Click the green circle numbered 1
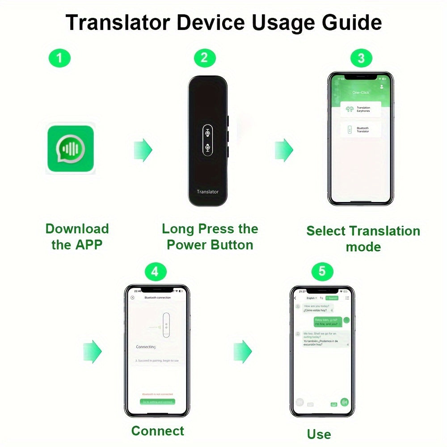click(60, 58)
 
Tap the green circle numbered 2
click(205, 58)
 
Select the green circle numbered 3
click(361, 58)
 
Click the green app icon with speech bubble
click(71, 149)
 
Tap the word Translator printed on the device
click(208, 192)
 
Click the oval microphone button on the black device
click(207, 139)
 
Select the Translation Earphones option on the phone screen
click(361, 109)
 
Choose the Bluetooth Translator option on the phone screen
click(361, 130)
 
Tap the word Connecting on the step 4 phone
click(146, 347)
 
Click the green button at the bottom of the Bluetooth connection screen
click(157, 402)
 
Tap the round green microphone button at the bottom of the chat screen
click(345, 402)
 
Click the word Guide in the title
click(348, 22)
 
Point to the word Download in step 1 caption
click(77, 229)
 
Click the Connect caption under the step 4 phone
click(157, 431)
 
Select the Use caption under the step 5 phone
click(319, 434)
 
